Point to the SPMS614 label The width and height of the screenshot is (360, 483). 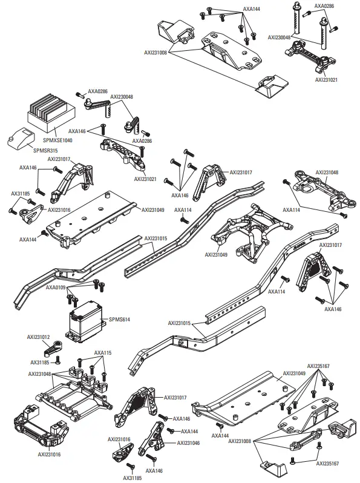pyautogui.click(x=119, y=318)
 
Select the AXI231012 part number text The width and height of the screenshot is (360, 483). pyautogui.click(x=38, y=337)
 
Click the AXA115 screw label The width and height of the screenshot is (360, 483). pyautogui.click(x=103, y=353)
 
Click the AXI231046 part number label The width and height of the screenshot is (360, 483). pyautogui.click(x=188, y=443)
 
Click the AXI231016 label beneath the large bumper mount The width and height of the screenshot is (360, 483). pyautogui.click(x=48, y=453)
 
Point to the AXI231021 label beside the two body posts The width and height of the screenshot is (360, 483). pyautogui.click(x=327, y=79)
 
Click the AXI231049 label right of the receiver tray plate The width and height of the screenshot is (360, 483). pyautogui.click(x=153, y=210)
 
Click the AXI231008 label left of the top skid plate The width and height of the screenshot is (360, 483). pyautogui.click(x=155, y=53)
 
